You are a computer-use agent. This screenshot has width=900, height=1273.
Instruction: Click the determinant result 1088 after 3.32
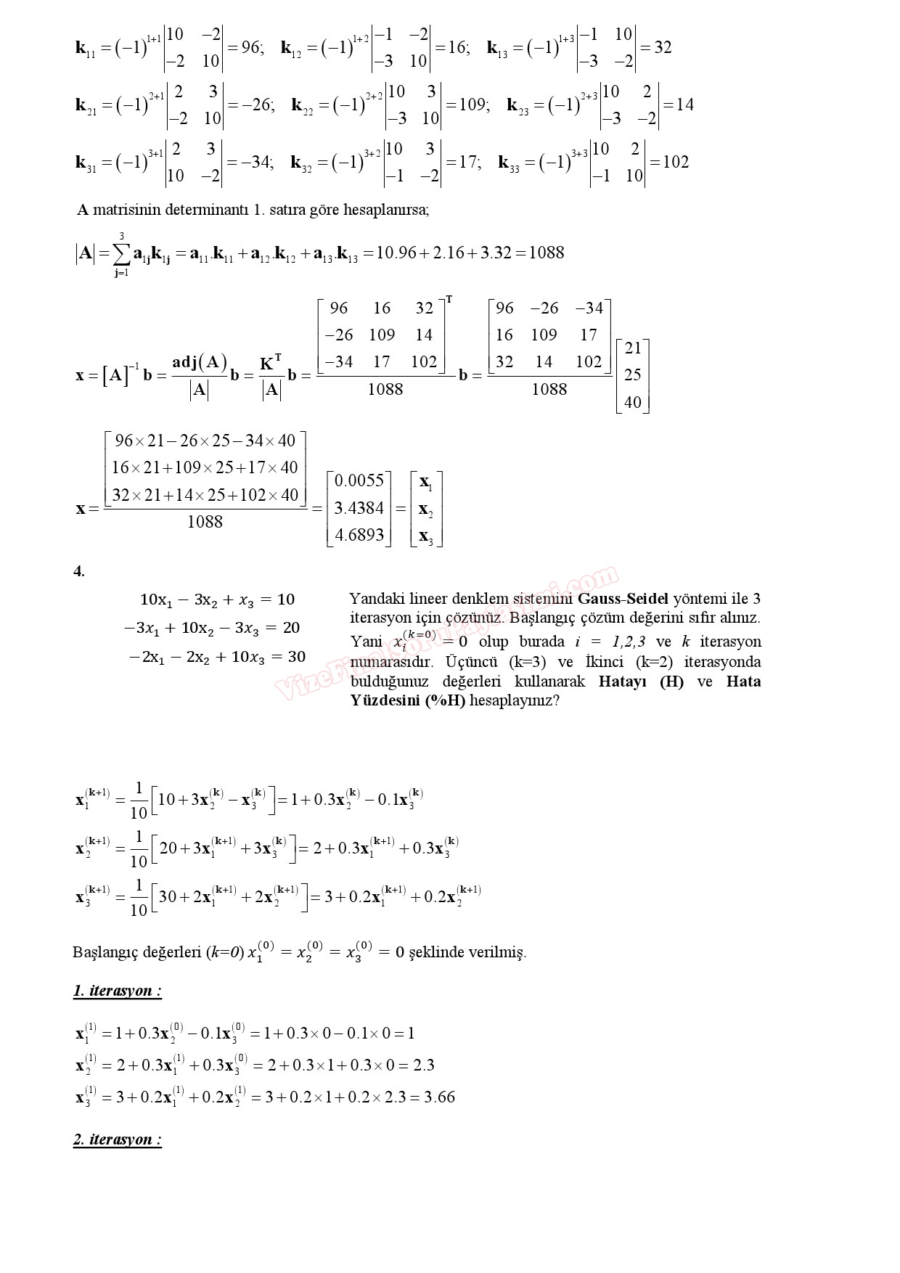click(547, 253)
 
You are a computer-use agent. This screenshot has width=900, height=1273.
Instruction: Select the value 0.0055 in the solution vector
click(359, 480)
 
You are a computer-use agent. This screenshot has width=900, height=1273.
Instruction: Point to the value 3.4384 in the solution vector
click(359, 508)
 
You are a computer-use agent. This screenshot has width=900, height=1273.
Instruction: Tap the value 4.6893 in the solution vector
click(359, 536)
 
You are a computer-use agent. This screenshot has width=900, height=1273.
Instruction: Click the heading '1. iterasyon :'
click(118, 991)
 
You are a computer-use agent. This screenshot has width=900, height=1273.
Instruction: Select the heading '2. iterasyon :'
click(118, 1139)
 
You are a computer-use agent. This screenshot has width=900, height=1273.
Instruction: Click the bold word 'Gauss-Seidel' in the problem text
click(623, 599)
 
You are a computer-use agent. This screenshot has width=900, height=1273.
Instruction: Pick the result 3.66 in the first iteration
click(440, 1097)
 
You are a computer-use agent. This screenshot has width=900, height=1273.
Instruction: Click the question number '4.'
click(79, 571)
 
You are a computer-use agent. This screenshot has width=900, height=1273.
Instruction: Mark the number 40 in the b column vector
click(633, 401)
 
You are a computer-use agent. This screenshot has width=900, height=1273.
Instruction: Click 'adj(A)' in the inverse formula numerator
click(200, 362)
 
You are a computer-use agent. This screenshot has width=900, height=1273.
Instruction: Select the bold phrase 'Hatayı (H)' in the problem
click(642, 681)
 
